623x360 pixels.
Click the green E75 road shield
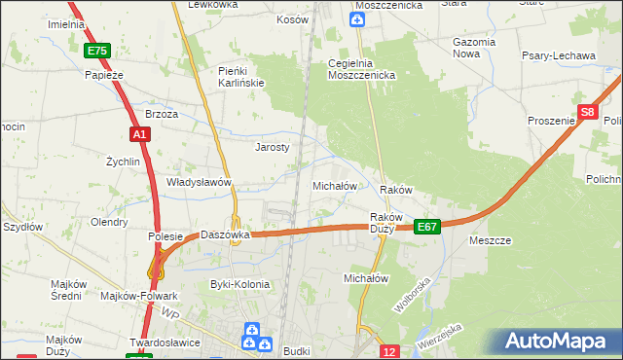(x=96, y=51)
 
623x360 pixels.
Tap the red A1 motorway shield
(x=139, y=135)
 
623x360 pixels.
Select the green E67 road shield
(x=427, y=226)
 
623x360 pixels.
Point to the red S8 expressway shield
(x=587, y=113)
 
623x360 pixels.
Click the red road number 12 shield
(x=389, y=351)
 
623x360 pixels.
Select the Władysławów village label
(x=199, y=182)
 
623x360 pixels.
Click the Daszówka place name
(x=226, y=234)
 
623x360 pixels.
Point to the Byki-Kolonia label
(x=239, y=284)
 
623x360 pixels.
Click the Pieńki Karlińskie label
(x=241, y=77)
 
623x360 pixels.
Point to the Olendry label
(x=109, y=222)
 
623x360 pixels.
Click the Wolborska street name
(x=412, y=294)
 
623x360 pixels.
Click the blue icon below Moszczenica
(x=357, y=19)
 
